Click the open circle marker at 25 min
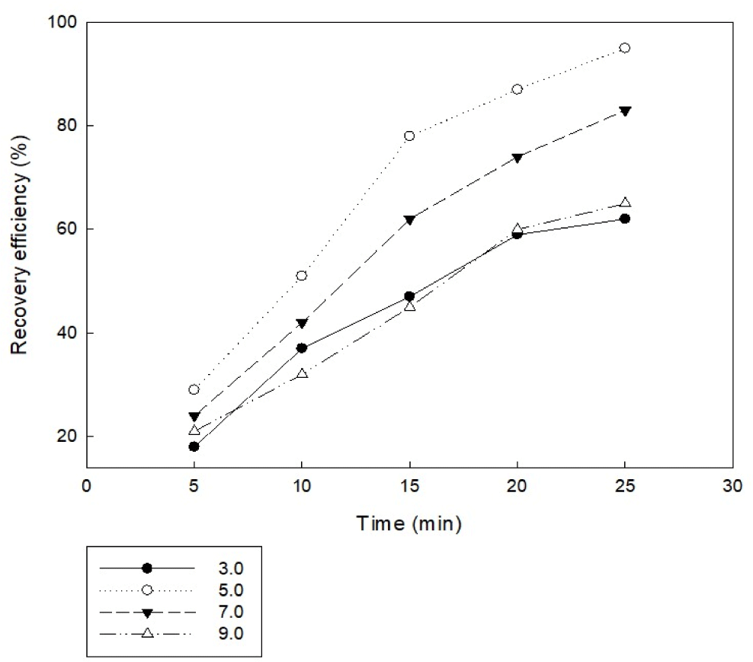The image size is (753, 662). (x=625, y=48)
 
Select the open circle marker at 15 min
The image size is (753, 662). (x=409, y=136)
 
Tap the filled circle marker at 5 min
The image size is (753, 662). (x=194, y=446)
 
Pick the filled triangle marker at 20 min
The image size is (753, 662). (x=517, y=158)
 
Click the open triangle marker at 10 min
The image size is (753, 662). (x=302, y=373)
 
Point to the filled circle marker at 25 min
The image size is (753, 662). (x=625, y=219)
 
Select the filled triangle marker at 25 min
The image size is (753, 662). (x=625, y=110)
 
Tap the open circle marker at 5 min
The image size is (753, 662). (x=194, y=389)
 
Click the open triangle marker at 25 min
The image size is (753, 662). (x=625, y=202)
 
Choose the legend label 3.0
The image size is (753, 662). (x=230, y=568)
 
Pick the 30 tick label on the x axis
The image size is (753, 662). (x=732, y=487)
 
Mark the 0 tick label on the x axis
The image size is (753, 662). (x=87, y=487)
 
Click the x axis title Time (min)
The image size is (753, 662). (x=409, y=523)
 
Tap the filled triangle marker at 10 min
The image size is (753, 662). (x=302, y=323)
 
